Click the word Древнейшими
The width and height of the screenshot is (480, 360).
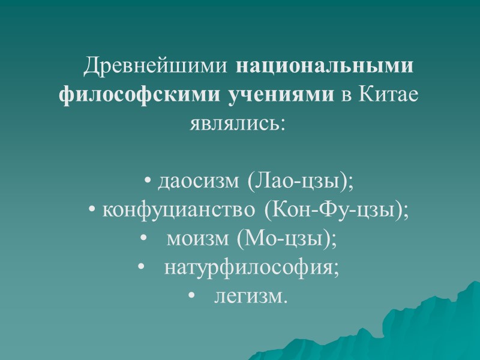pyautogui.click(x=158, y=66)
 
